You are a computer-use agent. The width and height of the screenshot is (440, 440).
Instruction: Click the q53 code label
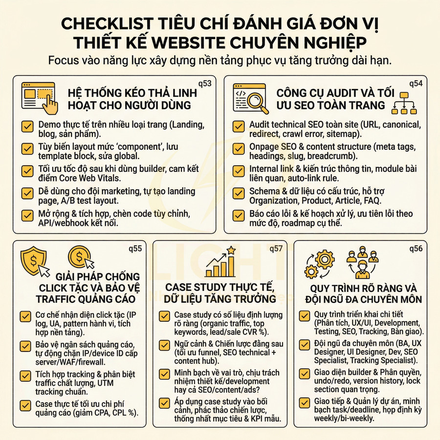click(205, 83)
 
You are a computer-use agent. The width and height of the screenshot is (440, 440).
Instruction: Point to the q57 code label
click(276, 248)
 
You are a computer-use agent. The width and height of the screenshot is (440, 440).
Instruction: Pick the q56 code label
click(417, 248)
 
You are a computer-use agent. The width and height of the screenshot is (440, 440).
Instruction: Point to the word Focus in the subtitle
click(66, 61)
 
